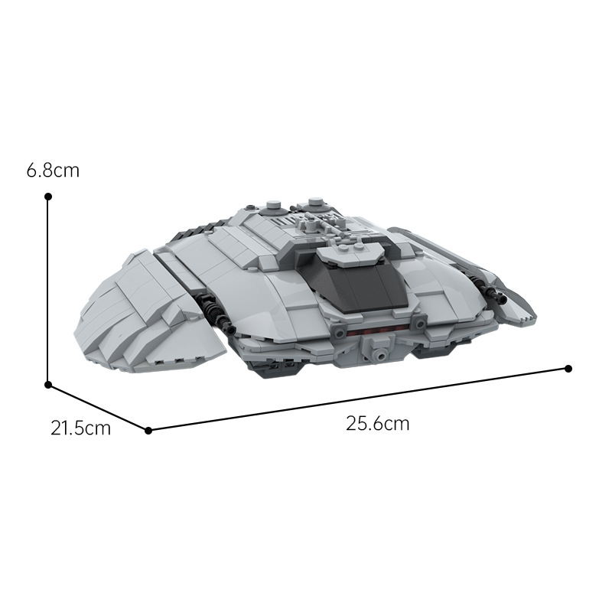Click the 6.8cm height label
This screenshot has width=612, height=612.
click(x=53, y=171)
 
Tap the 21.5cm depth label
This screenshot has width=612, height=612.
click(x=81, y=428)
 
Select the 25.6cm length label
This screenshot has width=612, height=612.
click(x=377, y=424)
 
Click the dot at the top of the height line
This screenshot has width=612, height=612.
click(x=48, y=197)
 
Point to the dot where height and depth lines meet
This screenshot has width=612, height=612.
click(x=48, y=385)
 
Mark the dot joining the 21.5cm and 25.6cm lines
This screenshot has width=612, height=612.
click(x=148, y=431)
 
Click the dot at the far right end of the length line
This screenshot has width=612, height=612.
click(x=568, y=369)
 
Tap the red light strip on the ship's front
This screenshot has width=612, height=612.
click(x=377, y=331)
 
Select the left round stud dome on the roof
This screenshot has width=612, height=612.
click(x=275, y=207)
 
